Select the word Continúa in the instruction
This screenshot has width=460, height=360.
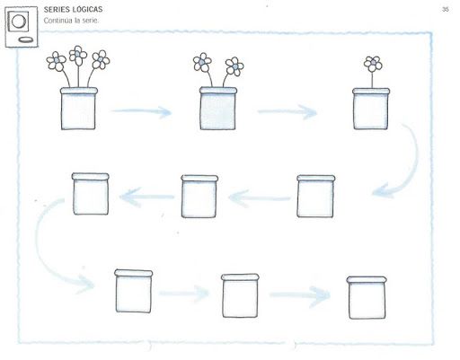[x=58, y=21]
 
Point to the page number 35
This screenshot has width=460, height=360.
[x=446, y=9]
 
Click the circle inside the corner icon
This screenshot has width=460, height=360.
[x=19, y=22]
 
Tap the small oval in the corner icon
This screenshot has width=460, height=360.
[x=26, y=40]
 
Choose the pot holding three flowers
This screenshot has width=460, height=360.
[x=79, y=109]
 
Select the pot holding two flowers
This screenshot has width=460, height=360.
[x=218, y=108]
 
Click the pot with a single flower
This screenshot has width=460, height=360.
[x=371, y=109]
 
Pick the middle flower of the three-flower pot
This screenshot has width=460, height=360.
[x=78, y=55]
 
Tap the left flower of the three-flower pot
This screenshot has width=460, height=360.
[x=57, y=61]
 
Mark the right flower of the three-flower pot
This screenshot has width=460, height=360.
[x=101, y=60]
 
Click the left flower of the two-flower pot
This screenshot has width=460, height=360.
[x=202, y=62]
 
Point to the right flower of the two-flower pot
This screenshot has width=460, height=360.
[x=234, y=66]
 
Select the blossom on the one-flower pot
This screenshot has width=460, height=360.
[x=373, y=64]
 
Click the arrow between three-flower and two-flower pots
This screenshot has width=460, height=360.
[x=141, y=111]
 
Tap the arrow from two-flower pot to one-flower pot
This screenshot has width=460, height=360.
[x=287, y=111]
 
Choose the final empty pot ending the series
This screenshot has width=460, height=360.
[x=367, y=298]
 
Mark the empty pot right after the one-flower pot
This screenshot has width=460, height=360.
[x=315, y=197]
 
